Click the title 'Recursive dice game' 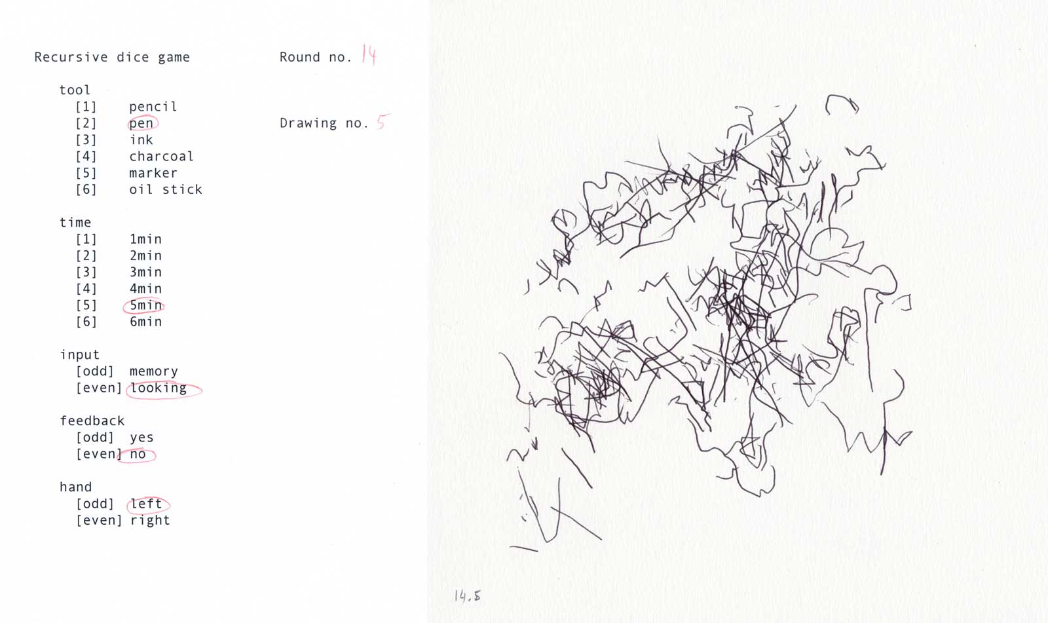pyautogui.click(x=112, y=57)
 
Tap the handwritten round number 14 pyautogui.click(x=369, y=55)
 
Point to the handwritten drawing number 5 pyautogui.click(x=383, y=122)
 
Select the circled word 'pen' pyautogui.click(x=141, y=123)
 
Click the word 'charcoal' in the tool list pyautogui.click(x=161, y=156)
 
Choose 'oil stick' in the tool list pyautogui.click(x=166, y=189)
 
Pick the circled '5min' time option pyautogui.click(x=145, y=305)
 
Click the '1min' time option pyautogui.click(x=145, y=239)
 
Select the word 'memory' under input pyautogui.click(x=153, y=371)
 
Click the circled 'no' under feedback pyautogui.click(x=138, y=454)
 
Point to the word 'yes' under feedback pyautogui.click(x=141, y=438)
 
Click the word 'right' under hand pyautogui.click(x=150, y=521)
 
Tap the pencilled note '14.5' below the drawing pyautogui.click(x=468, y=595)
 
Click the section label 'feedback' pyautogui.click(x=92, y=421)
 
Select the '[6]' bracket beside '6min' pyautogui.click(x=86, y=322)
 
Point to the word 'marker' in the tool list pyautogui.click(x=153, y=173)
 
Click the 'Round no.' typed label pyautogui.click(x=315, y=57)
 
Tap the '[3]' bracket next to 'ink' pyautogui.click(x=86, y=140)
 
